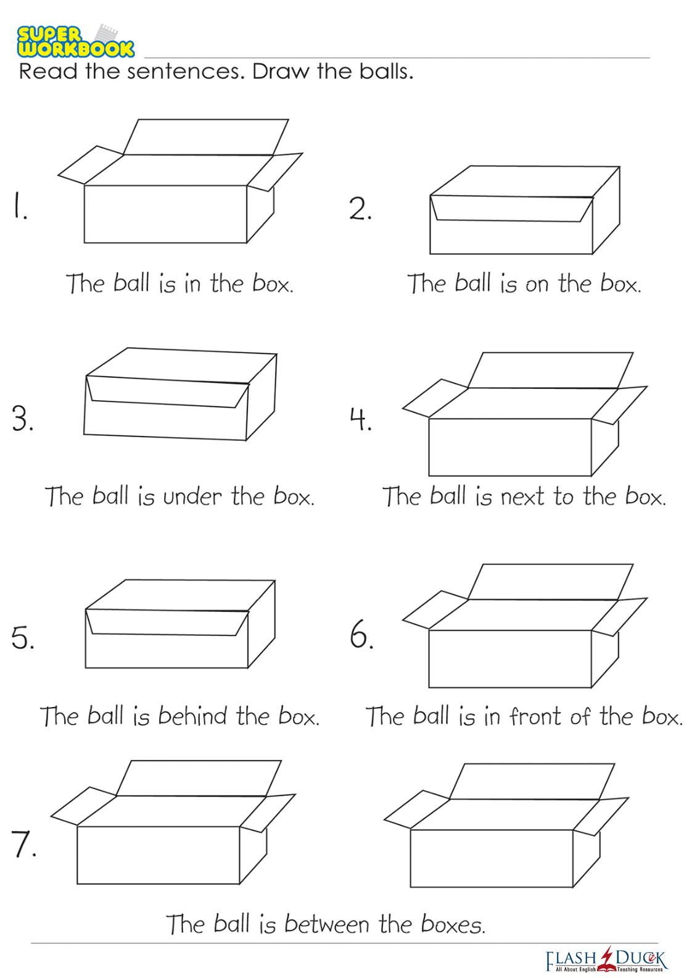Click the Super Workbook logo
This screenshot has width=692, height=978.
pyautogui.click(x=75, y=41)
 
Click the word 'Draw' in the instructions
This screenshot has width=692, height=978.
pyautogui.click(x=281, y=71)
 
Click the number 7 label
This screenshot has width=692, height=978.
pyautogui.click(x=23, y=843)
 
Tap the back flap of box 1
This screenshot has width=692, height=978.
pyautogui.click(x=206, y=137)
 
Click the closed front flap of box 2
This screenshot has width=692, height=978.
pyautogui.click(x=512, y=209)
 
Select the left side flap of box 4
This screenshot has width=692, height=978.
pyautogui.click(x=435, y=398)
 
